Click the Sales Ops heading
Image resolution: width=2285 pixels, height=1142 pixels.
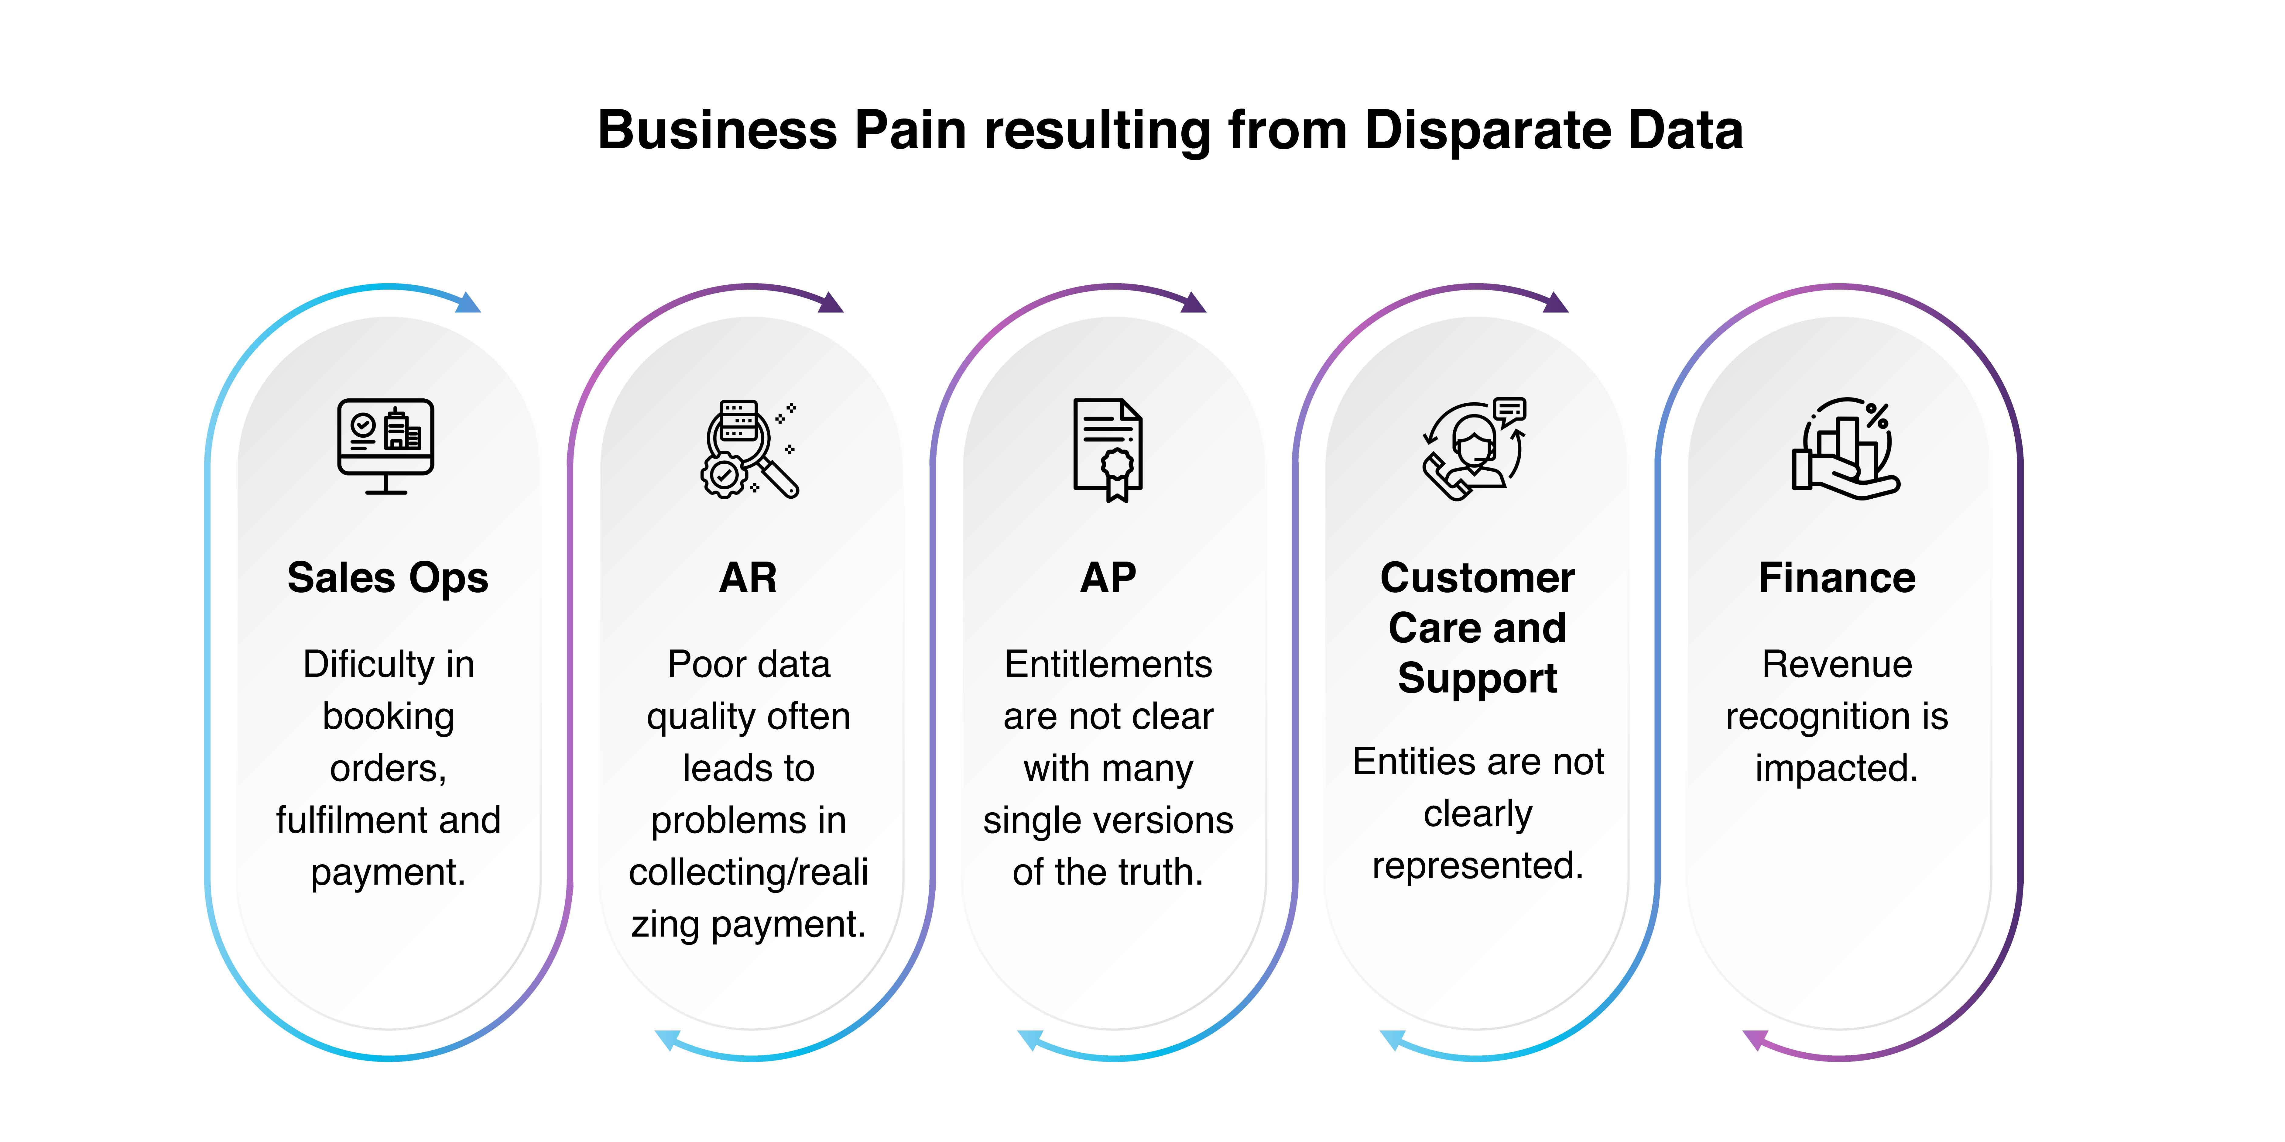pos(388,578)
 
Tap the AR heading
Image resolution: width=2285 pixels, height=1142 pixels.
pos(748,578)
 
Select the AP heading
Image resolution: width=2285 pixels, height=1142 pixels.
pos(1108,578)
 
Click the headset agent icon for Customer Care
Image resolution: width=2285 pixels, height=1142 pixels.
pos(1474,448)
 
